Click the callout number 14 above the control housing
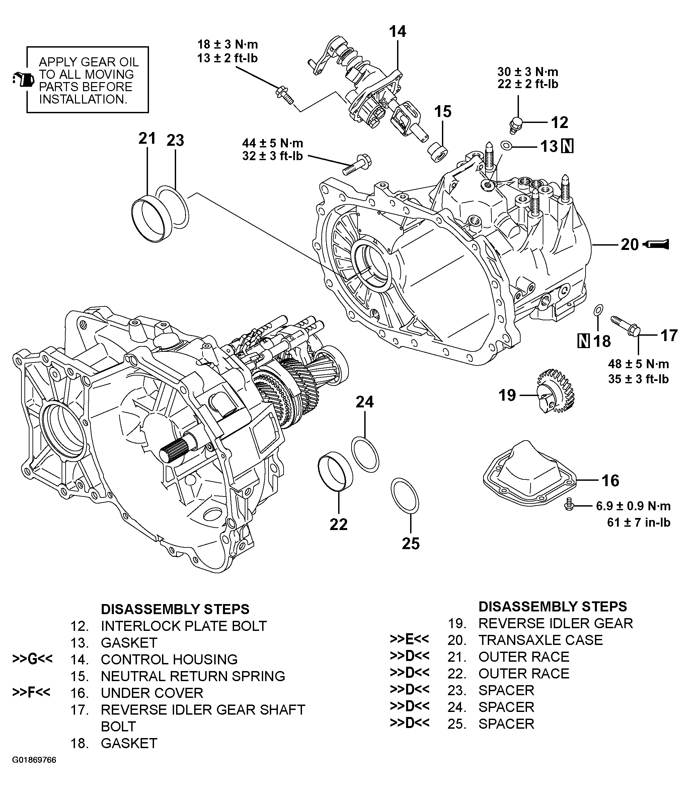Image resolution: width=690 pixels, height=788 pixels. (x=397, y=31)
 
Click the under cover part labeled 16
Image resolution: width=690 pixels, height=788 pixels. (x=529, y=478)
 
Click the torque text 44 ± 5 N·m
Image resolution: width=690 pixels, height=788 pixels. (x=273, y=143)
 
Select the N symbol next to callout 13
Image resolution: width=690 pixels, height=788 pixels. (x=567, y=146)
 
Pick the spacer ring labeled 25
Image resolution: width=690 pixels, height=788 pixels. (x=405, y=496)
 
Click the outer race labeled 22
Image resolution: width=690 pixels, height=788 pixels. (x=335, y=472)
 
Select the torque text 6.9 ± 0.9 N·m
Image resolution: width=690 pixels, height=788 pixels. (x=633, y=506)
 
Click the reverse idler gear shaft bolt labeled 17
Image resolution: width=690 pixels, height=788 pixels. (x=626, y=326)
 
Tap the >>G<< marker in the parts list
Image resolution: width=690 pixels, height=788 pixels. (x=32, y=659)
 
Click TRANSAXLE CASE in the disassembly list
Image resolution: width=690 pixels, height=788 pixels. (x=540, y=640)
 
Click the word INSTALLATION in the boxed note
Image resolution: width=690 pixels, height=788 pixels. (x=83, y=100)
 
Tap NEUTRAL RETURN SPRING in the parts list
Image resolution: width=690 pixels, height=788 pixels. (x=193, y=676)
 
